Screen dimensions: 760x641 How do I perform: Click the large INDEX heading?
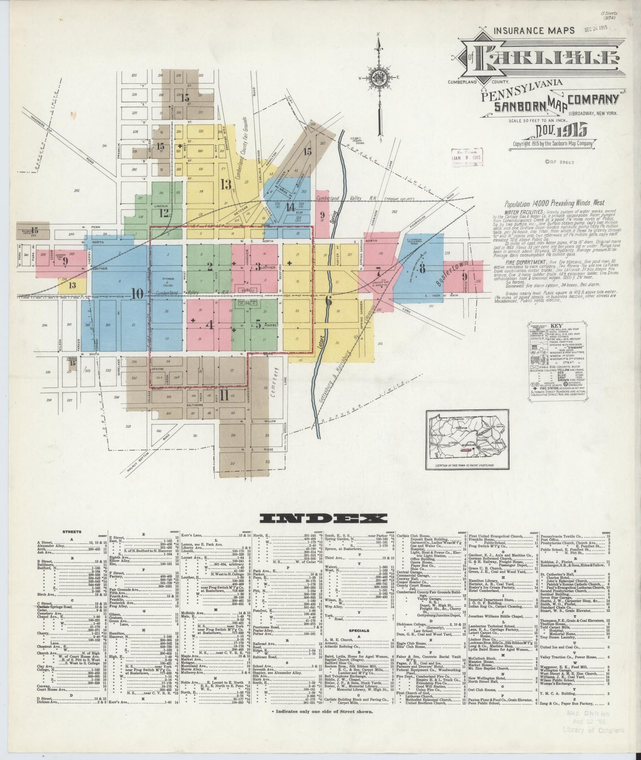(x=323, y=518)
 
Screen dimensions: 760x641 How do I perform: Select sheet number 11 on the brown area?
(x=224, y=395)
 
